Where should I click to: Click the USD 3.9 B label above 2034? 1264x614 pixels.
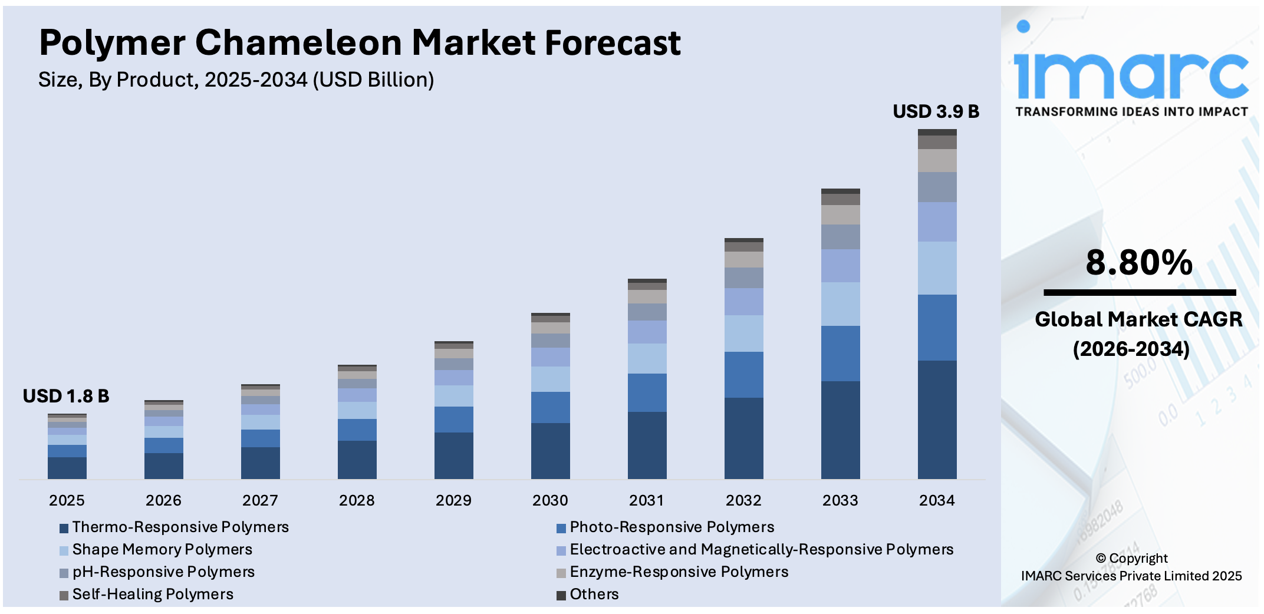[x=936, y=111]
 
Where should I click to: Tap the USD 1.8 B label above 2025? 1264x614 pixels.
[x=66, y=396]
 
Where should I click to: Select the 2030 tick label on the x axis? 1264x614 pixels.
[x=549, y=500]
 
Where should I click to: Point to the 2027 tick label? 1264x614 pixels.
[x=260, y=500]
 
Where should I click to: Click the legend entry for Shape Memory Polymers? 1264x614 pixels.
[x=162, y=549]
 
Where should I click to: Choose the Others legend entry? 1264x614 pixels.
[x=594, y=594]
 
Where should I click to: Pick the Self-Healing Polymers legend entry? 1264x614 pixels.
[x=152, y=594]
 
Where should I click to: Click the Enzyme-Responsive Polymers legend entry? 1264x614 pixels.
[x=678, y=572]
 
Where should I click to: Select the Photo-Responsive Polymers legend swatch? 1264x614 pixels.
[x=561, y=528]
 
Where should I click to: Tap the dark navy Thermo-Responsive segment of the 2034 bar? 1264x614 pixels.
[x=937, y=420]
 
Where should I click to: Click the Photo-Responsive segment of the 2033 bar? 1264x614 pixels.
[x=840, y=354]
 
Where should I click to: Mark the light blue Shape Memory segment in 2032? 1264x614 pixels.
[x=743, y=334]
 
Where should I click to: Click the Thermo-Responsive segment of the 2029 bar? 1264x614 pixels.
[x=453, y=455]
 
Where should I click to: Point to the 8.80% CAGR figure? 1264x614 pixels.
[x=1139, y=262]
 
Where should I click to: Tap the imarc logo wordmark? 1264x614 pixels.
[x=1130, y=74]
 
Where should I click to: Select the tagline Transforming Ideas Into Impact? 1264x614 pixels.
[x=1131, y=112]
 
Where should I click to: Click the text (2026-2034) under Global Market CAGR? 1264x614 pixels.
[x=1131, y=349]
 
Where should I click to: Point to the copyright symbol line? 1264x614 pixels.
[x=1131, y=558]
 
